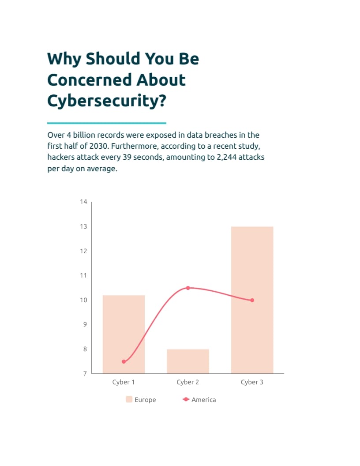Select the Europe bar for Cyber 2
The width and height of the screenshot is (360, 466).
point(188,361)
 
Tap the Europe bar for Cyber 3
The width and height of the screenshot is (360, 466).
point(252,300)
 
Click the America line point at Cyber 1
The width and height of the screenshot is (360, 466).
point(124,362)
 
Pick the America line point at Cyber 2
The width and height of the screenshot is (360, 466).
point(188,288)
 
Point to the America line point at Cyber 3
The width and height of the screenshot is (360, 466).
point(252,300)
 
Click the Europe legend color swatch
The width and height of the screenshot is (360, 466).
point(129,399)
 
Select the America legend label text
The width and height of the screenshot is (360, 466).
point(204,400)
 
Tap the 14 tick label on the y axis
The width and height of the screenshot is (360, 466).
point(83,202)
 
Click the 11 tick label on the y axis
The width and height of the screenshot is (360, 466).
point(83,275)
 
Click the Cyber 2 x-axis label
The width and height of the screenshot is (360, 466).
point(188,382)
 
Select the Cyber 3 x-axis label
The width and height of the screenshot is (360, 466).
point(252,382)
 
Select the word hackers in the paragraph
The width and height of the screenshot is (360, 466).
point(61,157)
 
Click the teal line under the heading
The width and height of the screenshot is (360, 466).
point(107,123)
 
